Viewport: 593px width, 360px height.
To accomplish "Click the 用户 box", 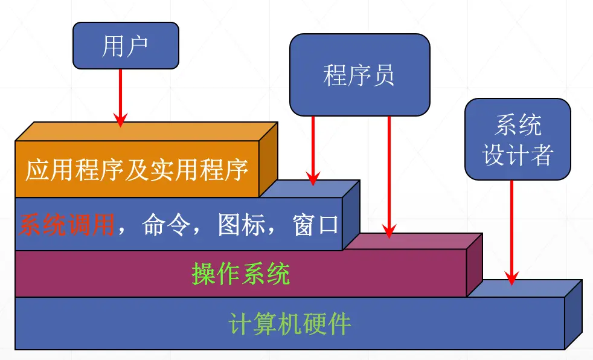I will tap(126, 45).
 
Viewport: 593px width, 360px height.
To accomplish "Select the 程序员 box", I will tap(359, 75).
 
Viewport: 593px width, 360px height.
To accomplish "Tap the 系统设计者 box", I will tap(518, 140).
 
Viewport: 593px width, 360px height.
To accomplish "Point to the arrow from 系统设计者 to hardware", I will tap(511, 230).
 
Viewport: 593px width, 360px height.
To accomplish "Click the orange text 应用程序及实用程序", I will tap(137, 170).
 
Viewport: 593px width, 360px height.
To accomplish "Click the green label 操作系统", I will tap(241, 274).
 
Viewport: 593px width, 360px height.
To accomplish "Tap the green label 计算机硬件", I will tap(290, 324).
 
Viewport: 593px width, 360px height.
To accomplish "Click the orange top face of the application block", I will tap(145, 132).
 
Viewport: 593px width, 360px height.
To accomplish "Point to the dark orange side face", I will tap(268, 159).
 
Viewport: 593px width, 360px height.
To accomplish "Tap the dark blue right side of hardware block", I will tap(573, 314).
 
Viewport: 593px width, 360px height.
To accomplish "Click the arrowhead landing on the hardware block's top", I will tap(511, 281).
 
